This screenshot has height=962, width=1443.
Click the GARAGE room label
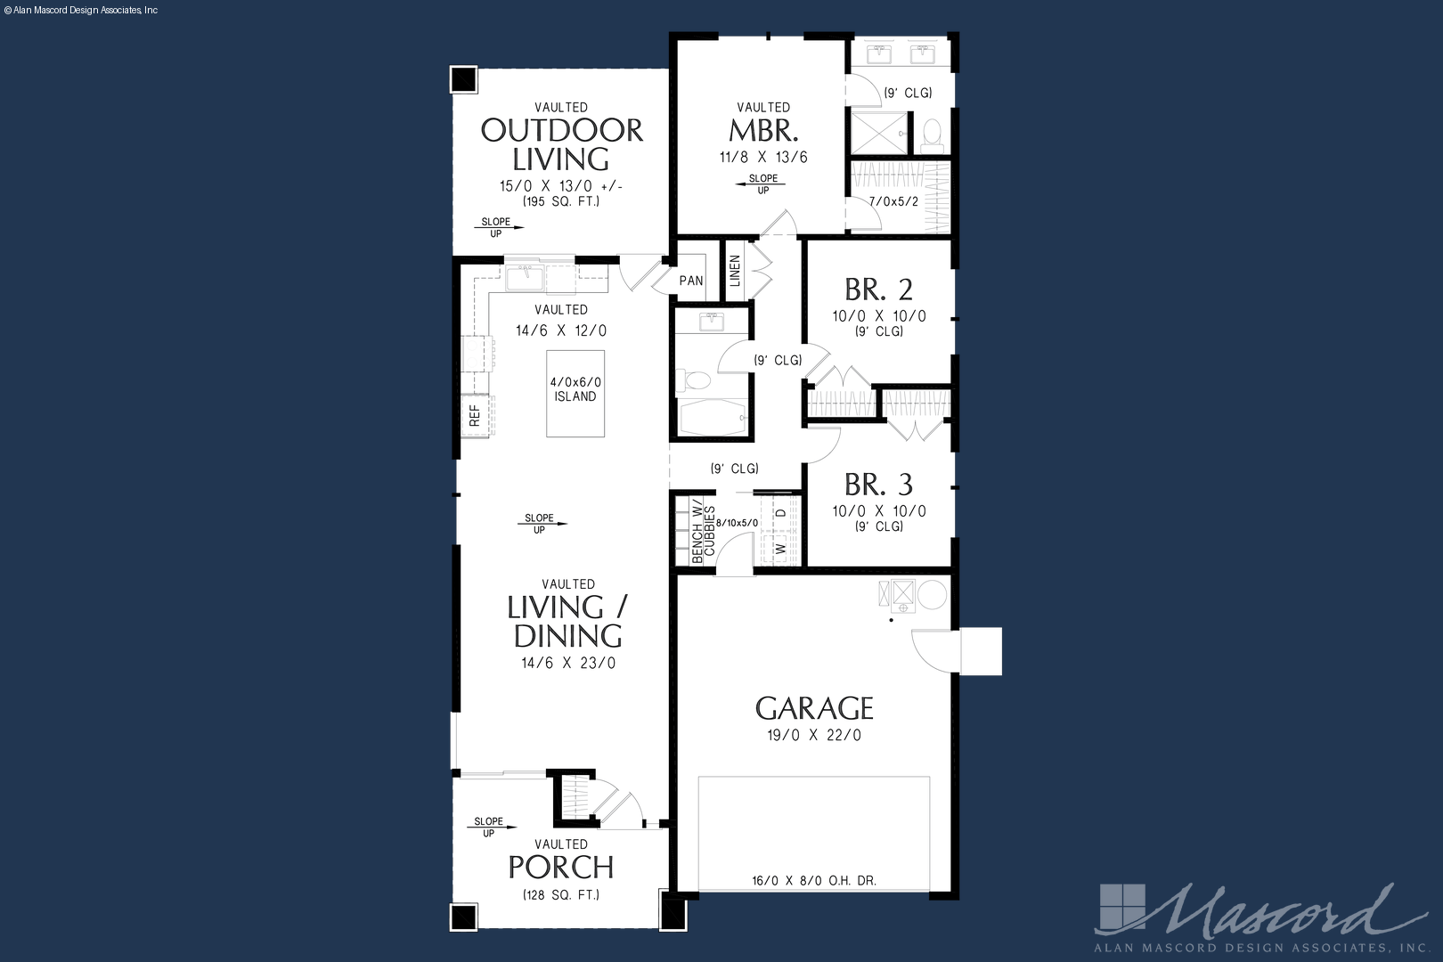(814, 708)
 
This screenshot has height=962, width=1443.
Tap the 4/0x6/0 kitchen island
(575, 394)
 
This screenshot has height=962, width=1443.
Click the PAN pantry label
(690, 281)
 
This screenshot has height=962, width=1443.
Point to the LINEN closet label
(735, 271)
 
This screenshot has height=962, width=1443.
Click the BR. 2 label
(878, 290)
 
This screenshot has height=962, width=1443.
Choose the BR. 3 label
(878, 485)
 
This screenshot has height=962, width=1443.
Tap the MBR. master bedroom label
(763, 131)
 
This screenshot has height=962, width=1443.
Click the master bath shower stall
(878, 133)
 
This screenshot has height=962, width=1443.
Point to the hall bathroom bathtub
(711, 417)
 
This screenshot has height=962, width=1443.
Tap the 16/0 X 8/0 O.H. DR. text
(814, 880)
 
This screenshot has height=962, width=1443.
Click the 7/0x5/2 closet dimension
(893, 201)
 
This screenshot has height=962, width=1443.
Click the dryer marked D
(781, 513)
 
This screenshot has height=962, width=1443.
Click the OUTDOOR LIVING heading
(561, 144)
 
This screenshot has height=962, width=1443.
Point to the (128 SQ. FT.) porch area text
(561, 895)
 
